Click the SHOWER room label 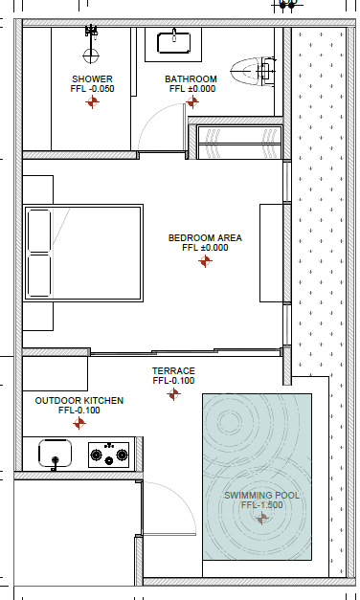click(x=92, y=79)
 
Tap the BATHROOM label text click(x=191, y=79)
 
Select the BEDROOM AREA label click(x=205, y=238)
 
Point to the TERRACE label click(x=173, y=370)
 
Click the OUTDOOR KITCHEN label click(x=79, y=401)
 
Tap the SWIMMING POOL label click(x=262, y=495)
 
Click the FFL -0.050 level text click(x=92, y=89)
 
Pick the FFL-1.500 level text click(x=262, y=504)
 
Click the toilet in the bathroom click(x=253, y=71)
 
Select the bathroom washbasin click(x=174, y=43)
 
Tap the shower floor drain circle click(x=91, y=56)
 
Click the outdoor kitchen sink click(x=56, y=453)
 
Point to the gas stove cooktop click(x=109, y=455)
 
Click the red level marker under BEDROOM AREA click(x=205, y=261)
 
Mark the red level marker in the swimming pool click(x=262, y=519)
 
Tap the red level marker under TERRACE click(x=173, y=393)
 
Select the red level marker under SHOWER click(x=92, y=102)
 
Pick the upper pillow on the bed click(x=39, y=231)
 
